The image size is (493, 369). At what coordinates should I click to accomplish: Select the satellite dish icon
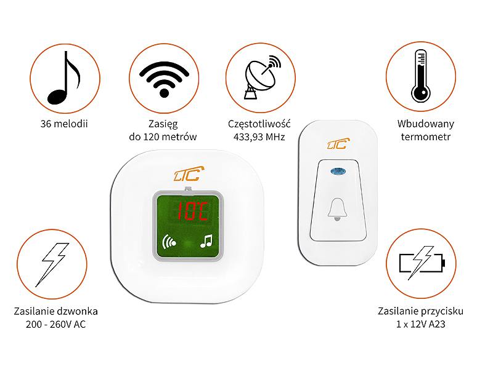tap(262, 77)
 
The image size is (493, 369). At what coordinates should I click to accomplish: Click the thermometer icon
tap(421, 76)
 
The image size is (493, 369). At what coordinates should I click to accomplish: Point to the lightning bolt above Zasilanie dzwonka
tap(52, 264)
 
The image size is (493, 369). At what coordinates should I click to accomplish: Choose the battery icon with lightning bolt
tap(422, 263)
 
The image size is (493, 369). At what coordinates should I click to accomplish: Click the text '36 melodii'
tap(64, 124)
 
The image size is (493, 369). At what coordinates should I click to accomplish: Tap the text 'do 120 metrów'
tap(163, 137)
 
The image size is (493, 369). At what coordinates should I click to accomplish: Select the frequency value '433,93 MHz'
tap(259, 137)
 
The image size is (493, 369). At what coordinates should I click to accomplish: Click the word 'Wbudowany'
tap(426, 124)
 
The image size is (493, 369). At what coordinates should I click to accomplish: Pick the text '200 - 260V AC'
tap(55, 324)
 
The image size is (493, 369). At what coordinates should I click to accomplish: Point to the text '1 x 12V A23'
tap(421, 324)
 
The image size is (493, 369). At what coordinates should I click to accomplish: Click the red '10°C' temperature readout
tap(192, 211)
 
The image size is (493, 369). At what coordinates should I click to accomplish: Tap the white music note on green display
tap(206, 241)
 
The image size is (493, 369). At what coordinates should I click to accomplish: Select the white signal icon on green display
tap(168, 241)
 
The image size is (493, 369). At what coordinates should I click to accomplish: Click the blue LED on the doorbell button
tap(338, 172)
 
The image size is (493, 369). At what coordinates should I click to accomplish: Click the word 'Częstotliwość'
tap(259, 124)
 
